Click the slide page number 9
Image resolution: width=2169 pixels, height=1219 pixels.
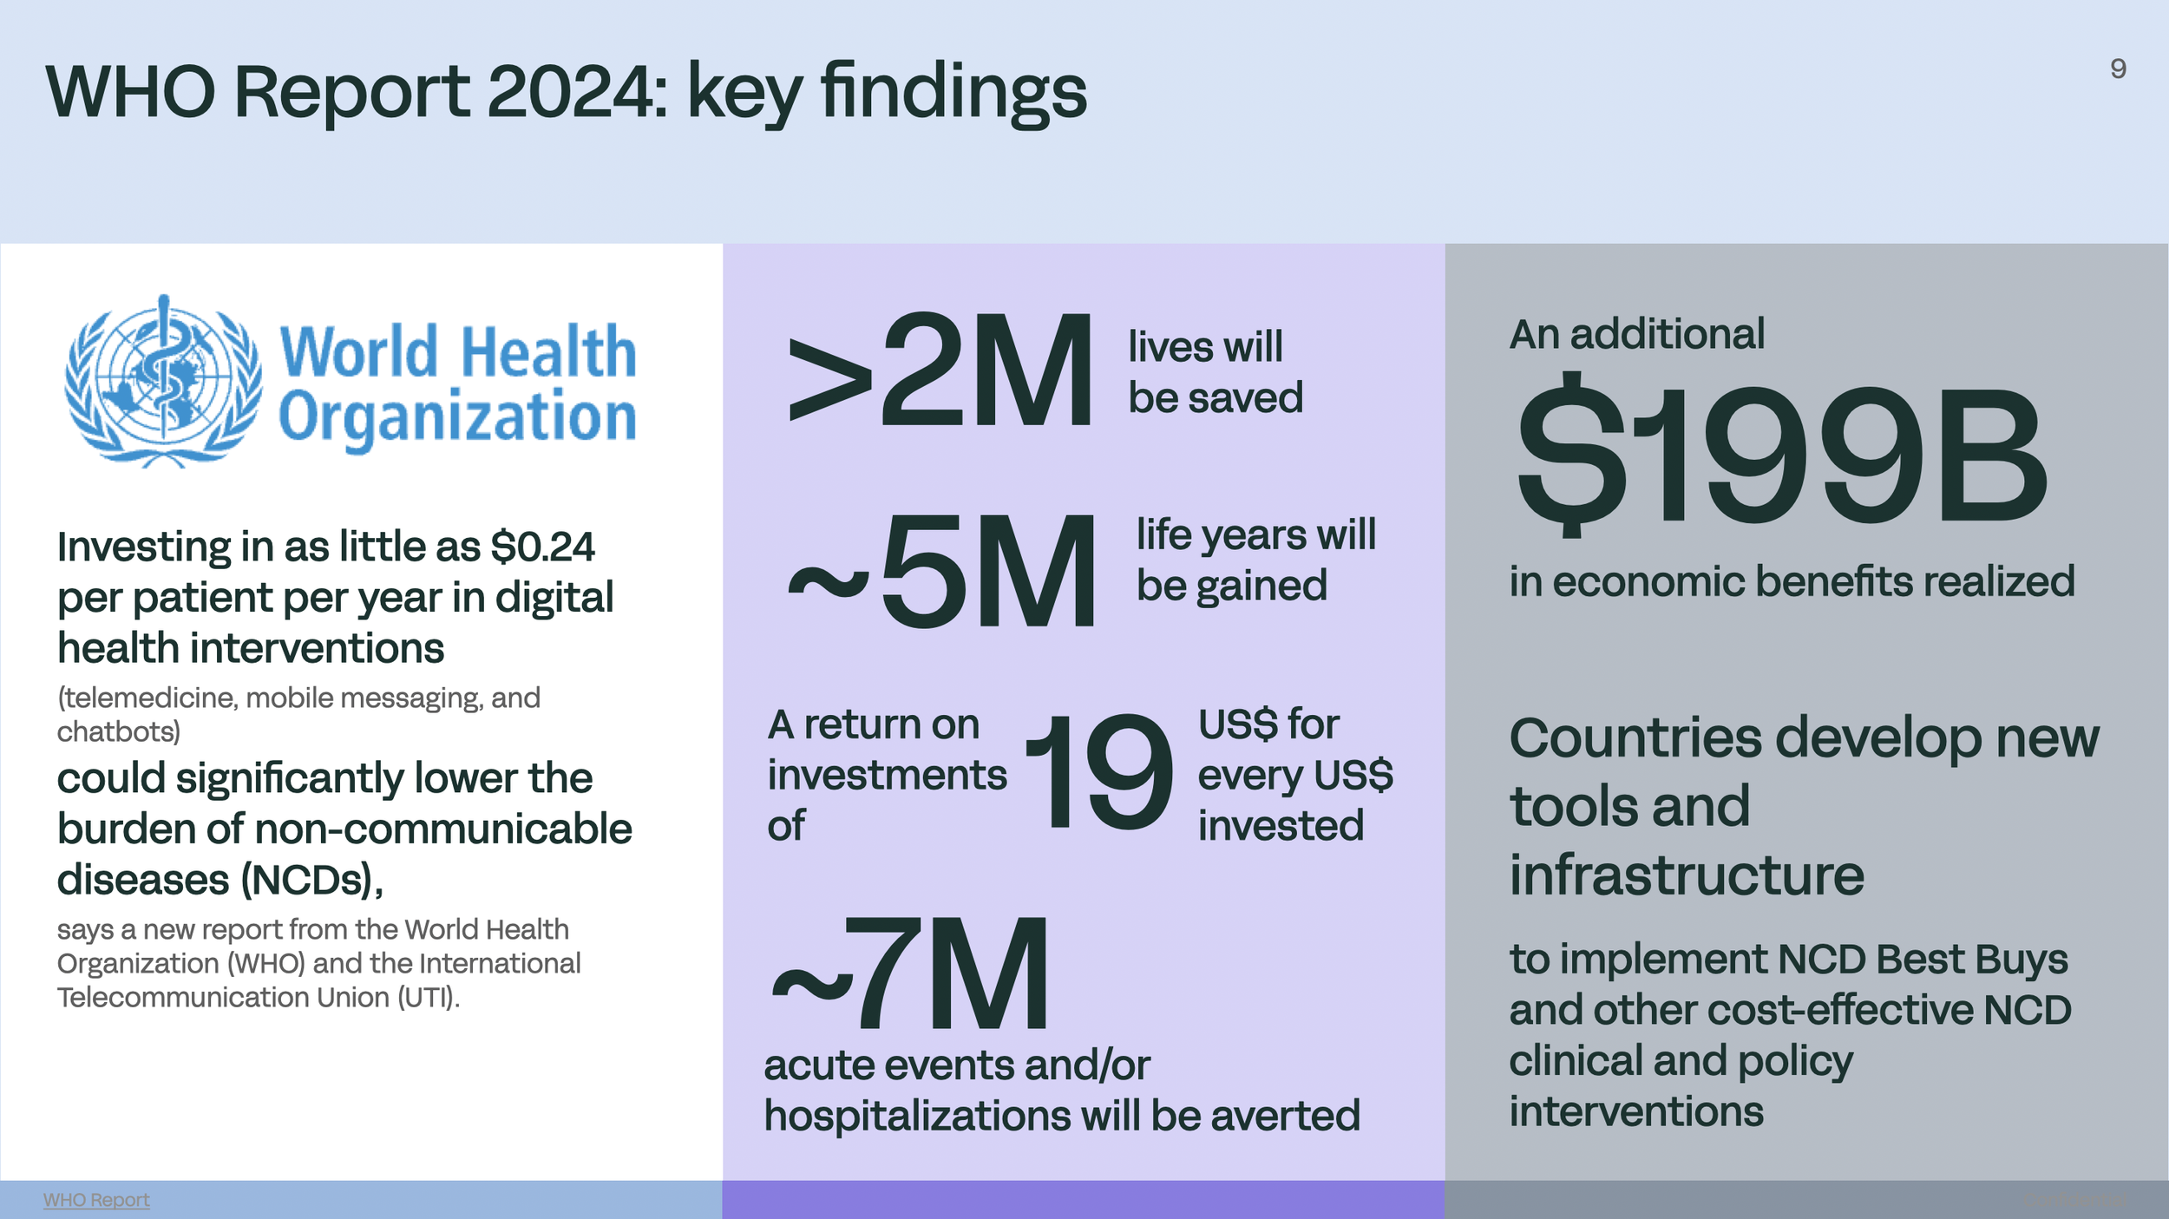[x=2118, y=69]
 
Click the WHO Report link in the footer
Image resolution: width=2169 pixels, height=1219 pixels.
[x=96, y=1200]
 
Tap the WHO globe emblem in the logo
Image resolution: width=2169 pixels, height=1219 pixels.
[x=163, y=382]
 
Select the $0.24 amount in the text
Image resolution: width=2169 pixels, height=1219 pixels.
[x=542, y=547]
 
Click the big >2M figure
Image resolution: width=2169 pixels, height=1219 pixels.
[x=941, y=370]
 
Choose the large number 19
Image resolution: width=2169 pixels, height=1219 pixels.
[x=1099, y=773]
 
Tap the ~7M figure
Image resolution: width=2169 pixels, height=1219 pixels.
[x=911, y=974]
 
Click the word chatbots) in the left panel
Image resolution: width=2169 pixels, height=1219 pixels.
[x=119, y=732]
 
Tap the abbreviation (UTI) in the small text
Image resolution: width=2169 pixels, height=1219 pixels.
[x=428, y=998]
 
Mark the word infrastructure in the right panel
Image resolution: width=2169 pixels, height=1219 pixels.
[x=1687, y=875]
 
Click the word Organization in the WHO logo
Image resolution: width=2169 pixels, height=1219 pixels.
[x=457, y=418]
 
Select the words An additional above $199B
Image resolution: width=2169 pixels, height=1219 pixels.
[x=1636, y=334]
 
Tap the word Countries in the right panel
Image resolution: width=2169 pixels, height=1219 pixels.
[x=1635, y=739]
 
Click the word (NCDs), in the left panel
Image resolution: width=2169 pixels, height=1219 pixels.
[x=311, y=881]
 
